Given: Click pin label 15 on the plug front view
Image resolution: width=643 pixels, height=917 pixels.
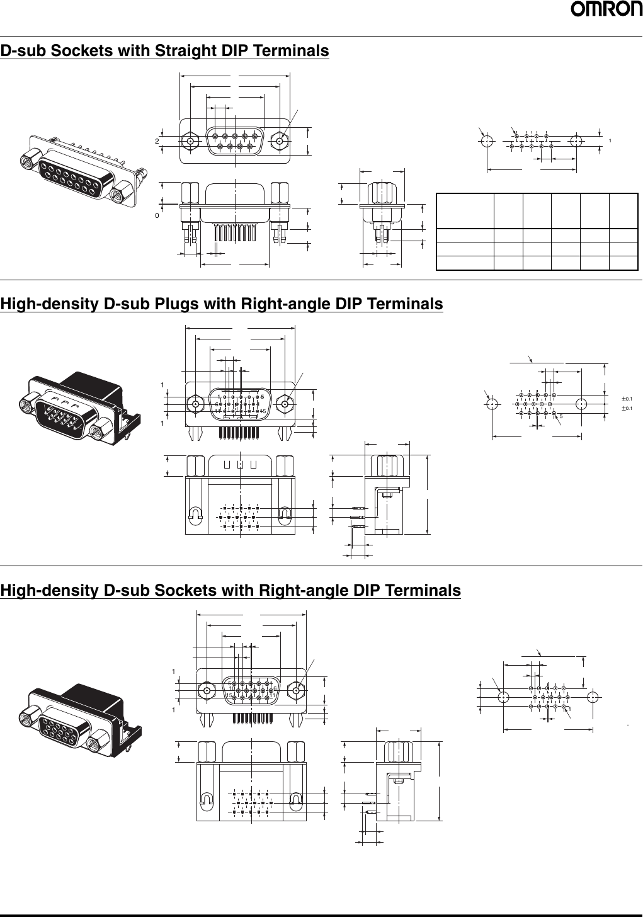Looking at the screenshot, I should click(x=264, y=411).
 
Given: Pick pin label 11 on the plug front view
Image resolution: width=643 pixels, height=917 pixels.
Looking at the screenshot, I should click(x=217, y=411).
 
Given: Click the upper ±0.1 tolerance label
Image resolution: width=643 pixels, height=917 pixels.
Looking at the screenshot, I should click(x=627, y=399).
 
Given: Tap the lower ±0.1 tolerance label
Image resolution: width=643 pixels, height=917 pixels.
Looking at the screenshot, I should click(x=627, y=409).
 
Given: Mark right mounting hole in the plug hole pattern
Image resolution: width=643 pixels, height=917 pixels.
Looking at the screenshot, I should click(x=581, y=403).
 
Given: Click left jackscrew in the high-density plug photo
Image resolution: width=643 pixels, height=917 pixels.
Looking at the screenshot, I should click(x=28, y=401).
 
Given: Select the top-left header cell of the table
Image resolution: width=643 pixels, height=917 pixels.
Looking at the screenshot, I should click(x=465, y=211).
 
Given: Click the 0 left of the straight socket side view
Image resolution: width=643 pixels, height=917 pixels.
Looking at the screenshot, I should click(x=157, y=215).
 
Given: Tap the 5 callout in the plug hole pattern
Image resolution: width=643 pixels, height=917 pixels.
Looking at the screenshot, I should click(x=560, y=416).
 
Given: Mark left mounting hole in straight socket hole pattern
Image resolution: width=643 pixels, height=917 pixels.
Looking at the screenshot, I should click(x=487, y=141).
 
